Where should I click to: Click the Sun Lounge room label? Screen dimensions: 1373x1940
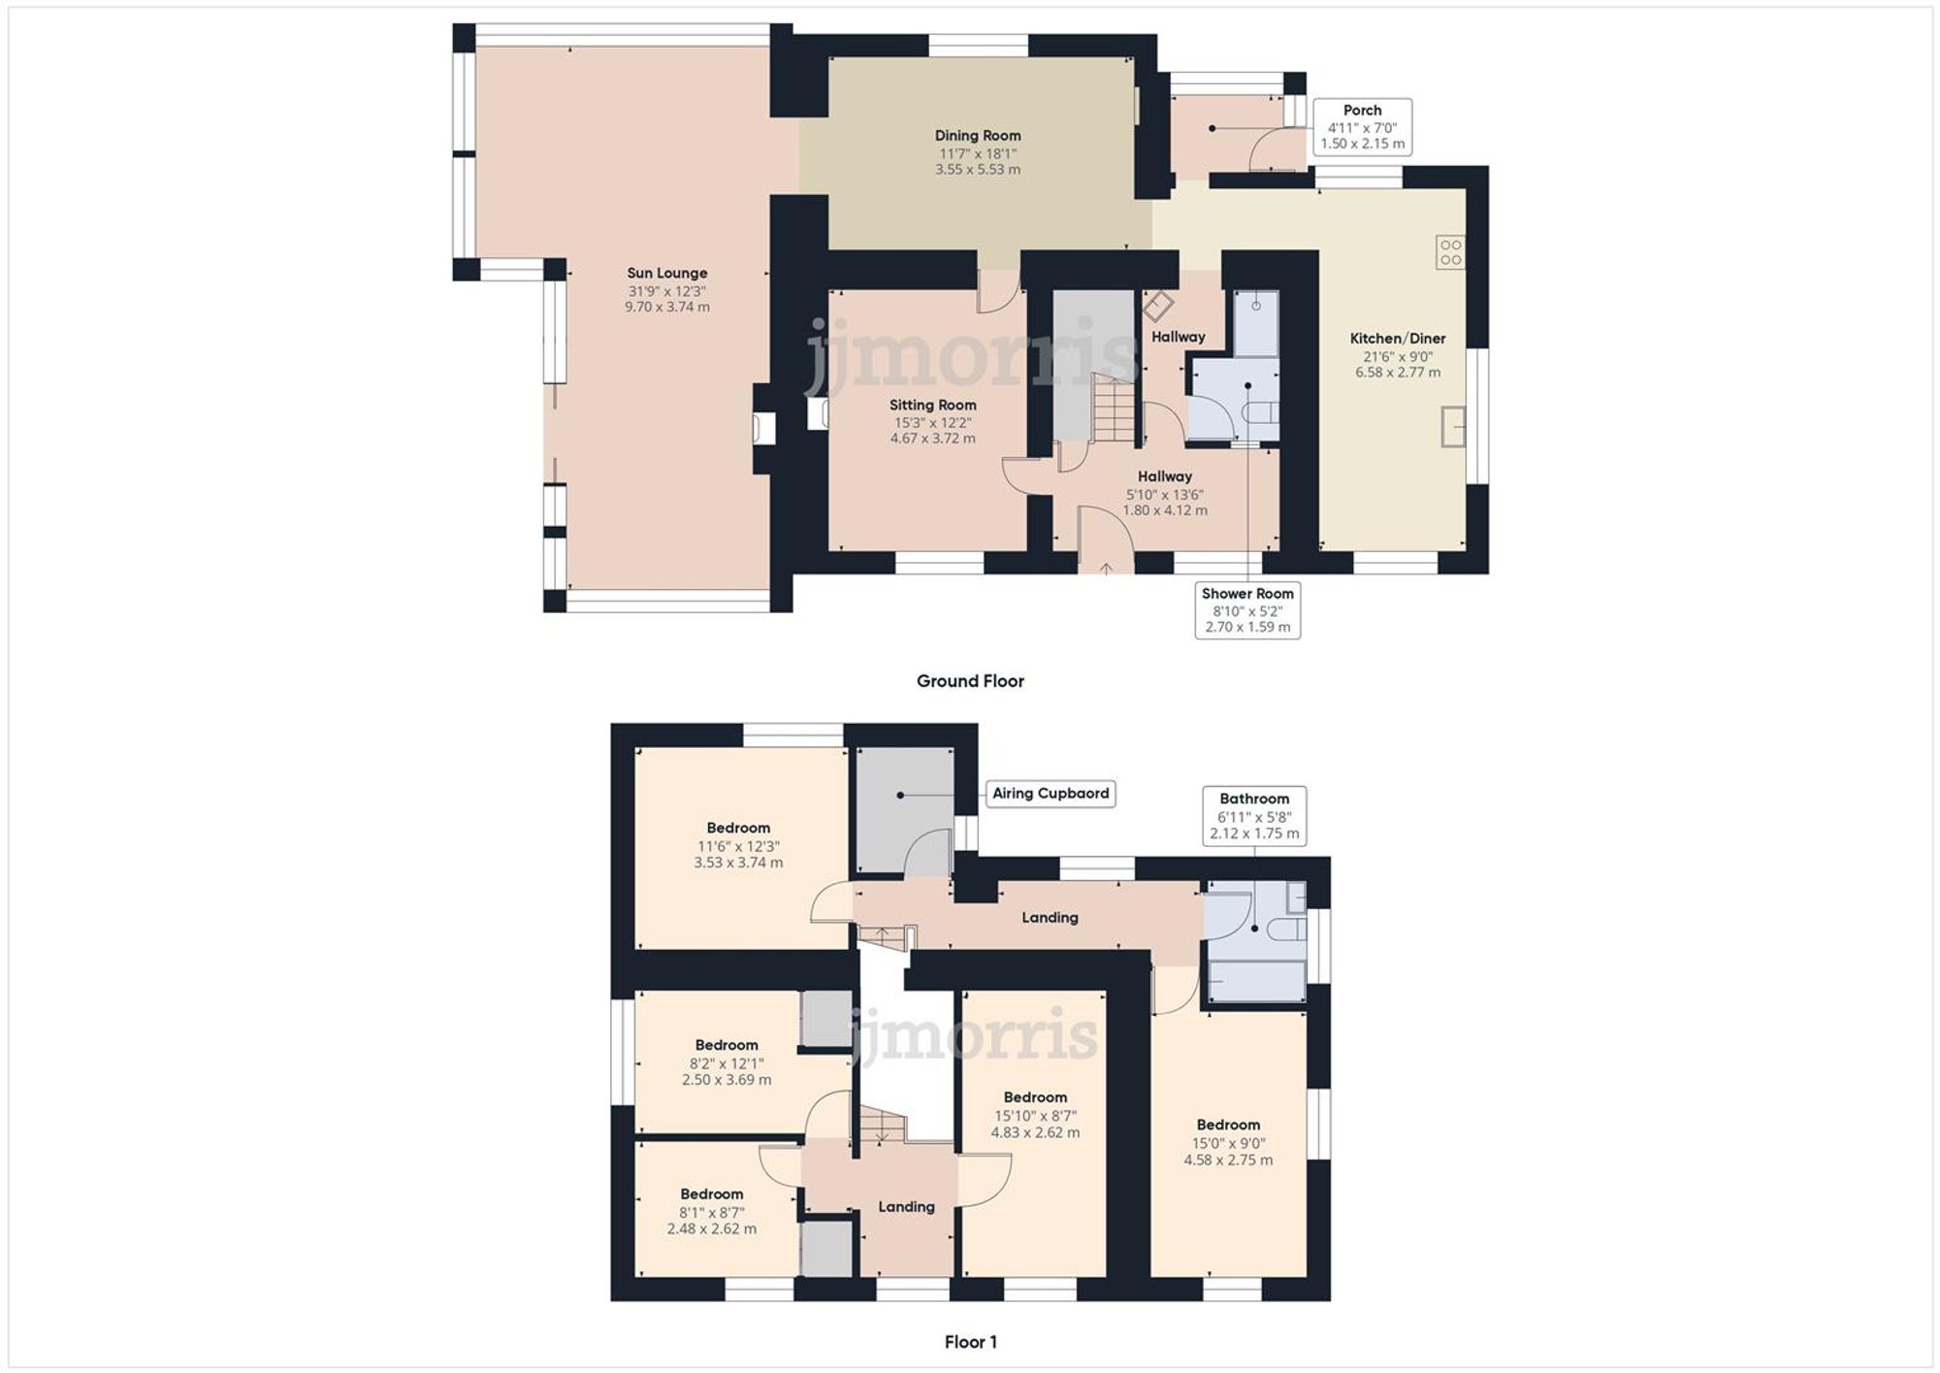[x=667, y=274]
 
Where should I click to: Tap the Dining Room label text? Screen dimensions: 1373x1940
[x=978, y=136]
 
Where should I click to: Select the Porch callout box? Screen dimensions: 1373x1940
[x=1362, y=127]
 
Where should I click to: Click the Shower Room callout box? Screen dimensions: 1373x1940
[x=1247, y=610]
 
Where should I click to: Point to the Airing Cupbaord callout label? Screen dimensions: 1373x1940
[x=1051, y=794]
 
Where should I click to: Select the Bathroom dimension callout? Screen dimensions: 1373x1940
[x=1254, y=816]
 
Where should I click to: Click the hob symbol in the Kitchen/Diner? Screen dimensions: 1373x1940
[x=1450, y=252]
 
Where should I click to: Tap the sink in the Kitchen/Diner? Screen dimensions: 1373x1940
[x=1453, y=427]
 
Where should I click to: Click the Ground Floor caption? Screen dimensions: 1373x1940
[x=970, y=681]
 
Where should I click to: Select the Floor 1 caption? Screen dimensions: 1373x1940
[x=970, y=1342]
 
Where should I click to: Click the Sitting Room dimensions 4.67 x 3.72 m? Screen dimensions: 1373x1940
[x=933, y=439]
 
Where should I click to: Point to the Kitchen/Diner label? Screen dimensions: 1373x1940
[x=1398, y=339]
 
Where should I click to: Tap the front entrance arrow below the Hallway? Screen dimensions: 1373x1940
[x=1106, y=568]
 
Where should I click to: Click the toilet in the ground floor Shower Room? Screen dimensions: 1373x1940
[x=1260, y=412]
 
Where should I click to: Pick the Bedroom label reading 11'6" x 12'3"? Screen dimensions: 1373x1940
[x=738, y=829]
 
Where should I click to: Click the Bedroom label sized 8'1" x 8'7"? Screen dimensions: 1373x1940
[x=711, y=1194]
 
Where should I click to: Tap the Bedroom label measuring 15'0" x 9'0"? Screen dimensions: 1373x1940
[x=1228, y=1126]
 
